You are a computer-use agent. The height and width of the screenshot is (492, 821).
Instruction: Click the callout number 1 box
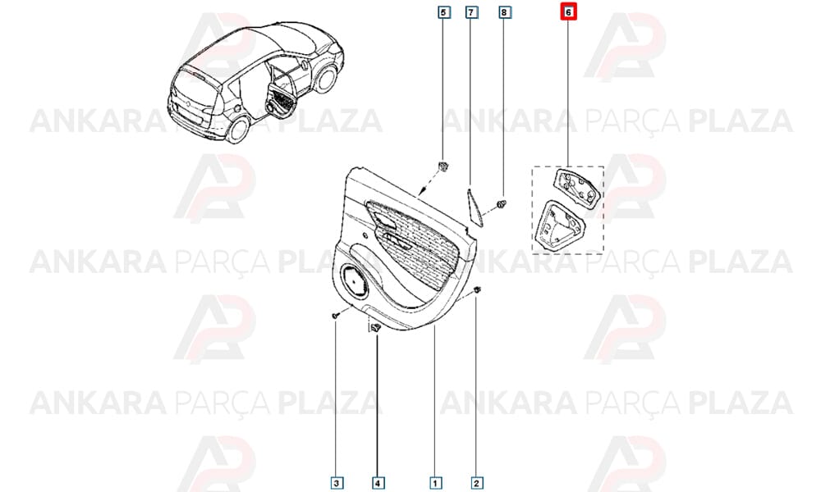coord(434,483)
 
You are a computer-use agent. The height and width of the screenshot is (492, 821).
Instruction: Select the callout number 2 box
coord(476,483)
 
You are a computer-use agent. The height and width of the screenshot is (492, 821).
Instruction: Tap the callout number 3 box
coord(337,483)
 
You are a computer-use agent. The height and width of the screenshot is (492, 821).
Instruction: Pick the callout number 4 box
coord(378,483)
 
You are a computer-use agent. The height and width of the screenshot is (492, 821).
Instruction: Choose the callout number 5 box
coord(444,12)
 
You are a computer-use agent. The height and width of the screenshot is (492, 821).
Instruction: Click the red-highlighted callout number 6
coord(568,11)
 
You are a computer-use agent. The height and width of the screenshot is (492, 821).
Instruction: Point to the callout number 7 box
coord(472,12)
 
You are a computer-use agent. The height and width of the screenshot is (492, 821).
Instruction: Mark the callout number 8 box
coord(504,12)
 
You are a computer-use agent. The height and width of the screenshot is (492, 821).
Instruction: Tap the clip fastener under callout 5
coord(443,166)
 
